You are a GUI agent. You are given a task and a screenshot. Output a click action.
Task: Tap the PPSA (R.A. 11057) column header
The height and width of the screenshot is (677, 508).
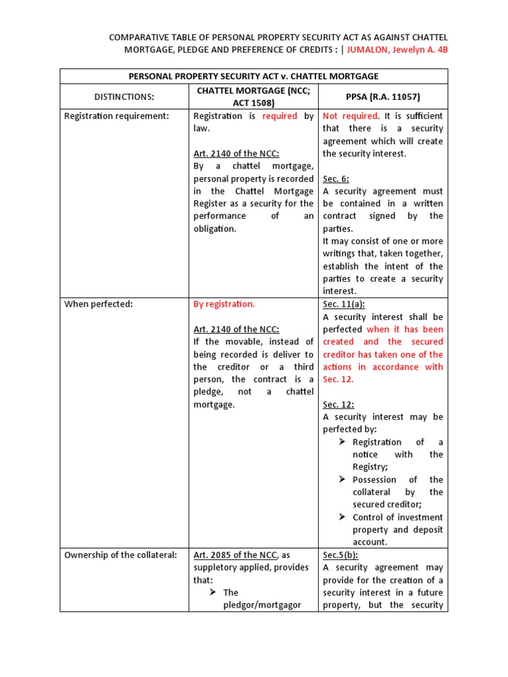coord(383,97)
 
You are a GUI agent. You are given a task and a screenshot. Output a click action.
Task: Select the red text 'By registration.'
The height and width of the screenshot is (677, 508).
coord(224,304)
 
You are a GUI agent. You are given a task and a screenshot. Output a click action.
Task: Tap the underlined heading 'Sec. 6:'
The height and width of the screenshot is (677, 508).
coord(336,179)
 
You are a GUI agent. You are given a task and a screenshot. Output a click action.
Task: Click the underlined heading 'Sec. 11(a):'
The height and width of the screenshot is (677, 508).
coord(343,304)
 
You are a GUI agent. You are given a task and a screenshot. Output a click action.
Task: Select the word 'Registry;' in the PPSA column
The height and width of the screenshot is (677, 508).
coord(370,467)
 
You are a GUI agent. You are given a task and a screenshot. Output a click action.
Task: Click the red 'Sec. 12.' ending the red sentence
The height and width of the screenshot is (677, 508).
coord(338,379)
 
